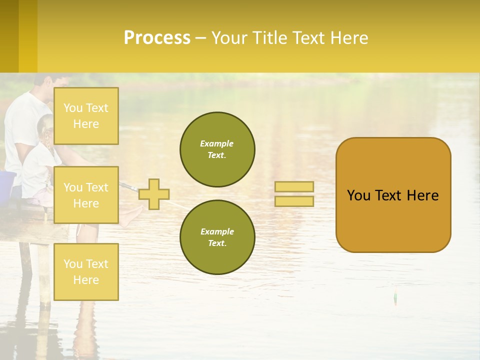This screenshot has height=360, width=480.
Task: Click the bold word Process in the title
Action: [157, 38]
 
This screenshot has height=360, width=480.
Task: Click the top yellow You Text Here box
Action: [86, 116]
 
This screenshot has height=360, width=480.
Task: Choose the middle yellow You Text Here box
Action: [86, 195]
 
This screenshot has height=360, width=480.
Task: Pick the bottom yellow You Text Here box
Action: [86, 271]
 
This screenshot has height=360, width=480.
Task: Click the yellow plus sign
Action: [154, 194]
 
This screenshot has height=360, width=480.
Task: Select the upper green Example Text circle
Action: [217, 149]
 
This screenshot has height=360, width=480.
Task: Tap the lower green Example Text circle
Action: [217, 237]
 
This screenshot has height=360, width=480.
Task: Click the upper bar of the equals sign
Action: [294, 187]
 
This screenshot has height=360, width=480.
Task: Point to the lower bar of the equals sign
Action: [294, 201]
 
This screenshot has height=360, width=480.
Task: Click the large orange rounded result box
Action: [393, 220]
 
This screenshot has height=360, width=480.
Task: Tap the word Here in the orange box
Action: [422, 195]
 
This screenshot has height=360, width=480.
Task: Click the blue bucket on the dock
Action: [7, 185]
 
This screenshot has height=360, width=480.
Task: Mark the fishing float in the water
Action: [395, 297]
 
